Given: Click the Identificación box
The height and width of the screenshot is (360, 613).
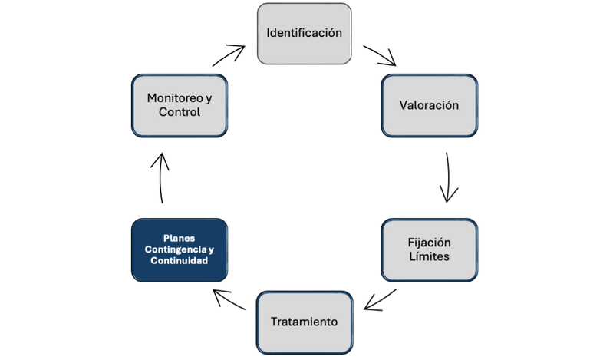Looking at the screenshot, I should coord(304,33).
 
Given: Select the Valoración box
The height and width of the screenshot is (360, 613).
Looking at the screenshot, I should coord(430,105).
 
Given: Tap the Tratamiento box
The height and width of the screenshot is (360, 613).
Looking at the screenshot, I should coord(304,322).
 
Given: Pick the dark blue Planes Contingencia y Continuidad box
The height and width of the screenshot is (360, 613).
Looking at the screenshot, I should coord(180,249).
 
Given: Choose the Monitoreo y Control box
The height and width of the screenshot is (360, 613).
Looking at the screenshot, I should coord(180,105).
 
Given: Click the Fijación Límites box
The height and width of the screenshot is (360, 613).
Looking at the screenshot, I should coord(430,249).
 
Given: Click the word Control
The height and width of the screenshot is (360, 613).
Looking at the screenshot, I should coord(180,113).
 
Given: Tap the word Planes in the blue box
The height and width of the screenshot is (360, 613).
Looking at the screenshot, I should coord(180,238).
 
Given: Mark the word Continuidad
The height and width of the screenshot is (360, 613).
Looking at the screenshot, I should coord(180,261).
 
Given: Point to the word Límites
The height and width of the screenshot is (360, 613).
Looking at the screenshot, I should coord(430,257).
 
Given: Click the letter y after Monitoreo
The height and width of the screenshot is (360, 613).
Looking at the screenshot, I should coord(208,98).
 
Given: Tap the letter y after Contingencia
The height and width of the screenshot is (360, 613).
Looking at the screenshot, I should coord(212,250).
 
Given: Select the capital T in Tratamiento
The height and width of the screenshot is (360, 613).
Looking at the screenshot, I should coord(275,322).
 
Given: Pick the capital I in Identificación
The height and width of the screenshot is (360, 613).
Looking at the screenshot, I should coord(269,33).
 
